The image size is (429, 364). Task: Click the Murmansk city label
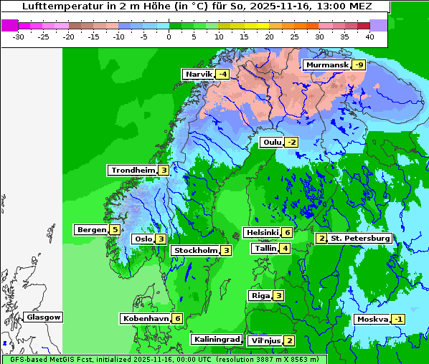(327, 65)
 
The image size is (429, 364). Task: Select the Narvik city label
(199, 75)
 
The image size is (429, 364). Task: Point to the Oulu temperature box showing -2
(291, 142)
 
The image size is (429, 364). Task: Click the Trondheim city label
(133, 171)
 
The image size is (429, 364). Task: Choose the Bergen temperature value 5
(115, 230)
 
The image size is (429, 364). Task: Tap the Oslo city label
(143, 239)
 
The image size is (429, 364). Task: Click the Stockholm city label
(194, 251)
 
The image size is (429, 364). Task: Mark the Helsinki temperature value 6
(287, 232)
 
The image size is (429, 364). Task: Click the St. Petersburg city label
(359, 239)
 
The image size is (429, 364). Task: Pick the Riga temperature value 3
(278, 296)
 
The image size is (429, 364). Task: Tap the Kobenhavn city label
(145, 318)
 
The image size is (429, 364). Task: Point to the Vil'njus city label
(264, 341)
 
